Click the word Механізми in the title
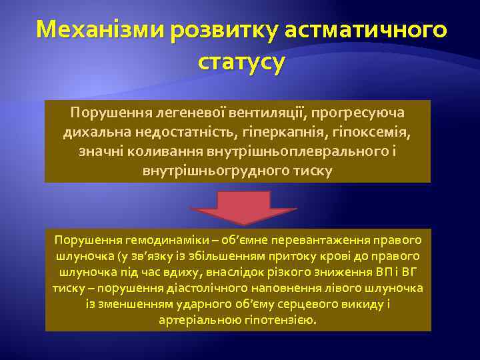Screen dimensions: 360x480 [101, 31]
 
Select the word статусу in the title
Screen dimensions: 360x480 [241, 63]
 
